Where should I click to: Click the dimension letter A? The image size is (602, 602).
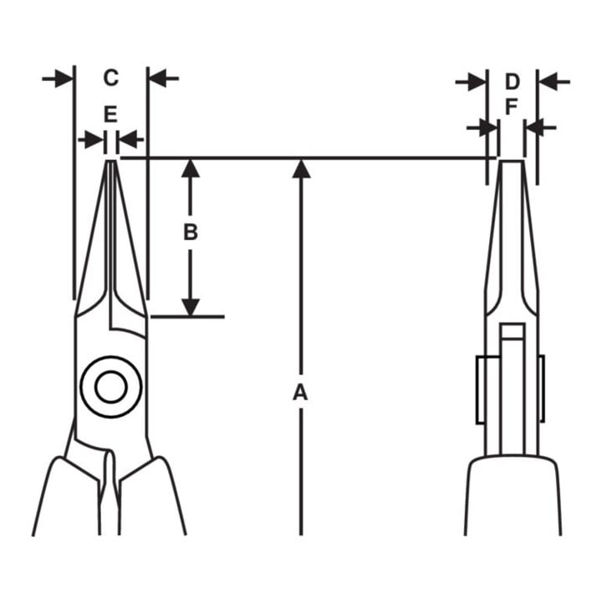click(x=300, y=392)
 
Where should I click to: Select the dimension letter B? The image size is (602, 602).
click(x=191, y=232)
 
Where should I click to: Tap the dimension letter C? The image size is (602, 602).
click(x=111, y=78)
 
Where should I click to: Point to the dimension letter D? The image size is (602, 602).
click(x=512, y=82)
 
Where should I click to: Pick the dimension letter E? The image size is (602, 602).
click(x=110, y=115)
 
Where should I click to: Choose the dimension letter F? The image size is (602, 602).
click(x=511, y=107)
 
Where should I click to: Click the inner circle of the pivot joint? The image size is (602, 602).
click(x=111, y=386)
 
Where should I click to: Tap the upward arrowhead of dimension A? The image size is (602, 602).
click(x=301, y=169)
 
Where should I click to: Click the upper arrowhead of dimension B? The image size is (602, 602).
click(x=191, y=168)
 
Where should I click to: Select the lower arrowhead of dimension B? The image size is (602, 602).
click(x=191, y=307)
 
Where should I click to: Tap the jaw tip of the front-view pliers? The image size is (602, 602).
click(x=111, y=161)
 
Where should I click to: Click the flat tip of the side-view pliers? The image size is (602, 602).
click(x=512, y=162)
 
